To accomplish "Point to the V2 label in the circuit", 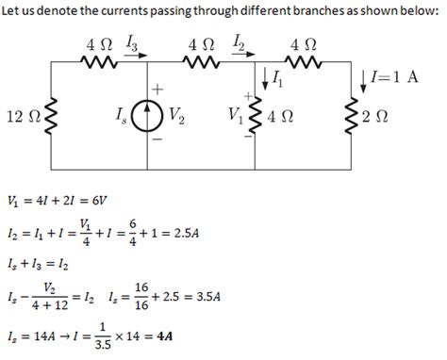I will click(x=176, y=119).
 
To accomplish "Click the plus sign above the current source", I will click(x=157, y=87).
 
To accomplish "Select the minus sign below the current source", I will click(x=157, y=140).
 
